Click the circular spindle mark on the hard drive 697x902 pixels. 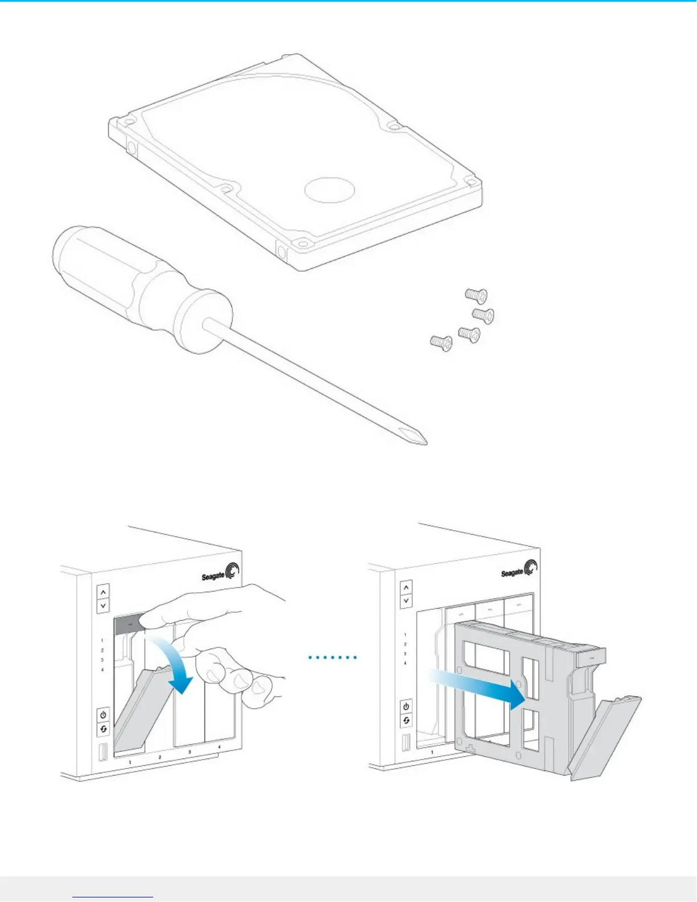click(330, 189)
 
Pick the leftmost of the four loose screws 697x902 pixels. click(440, 342)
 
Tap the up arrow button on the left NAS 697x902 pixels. click(103, 592)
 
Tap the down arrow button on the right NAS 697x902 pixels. click(406, 600)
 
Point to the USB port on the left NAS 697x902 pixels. click(103, 752)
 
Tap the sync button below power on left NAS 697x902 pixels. click(103, 728)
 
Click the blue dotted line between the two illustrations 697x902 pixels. click(333, 658)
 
